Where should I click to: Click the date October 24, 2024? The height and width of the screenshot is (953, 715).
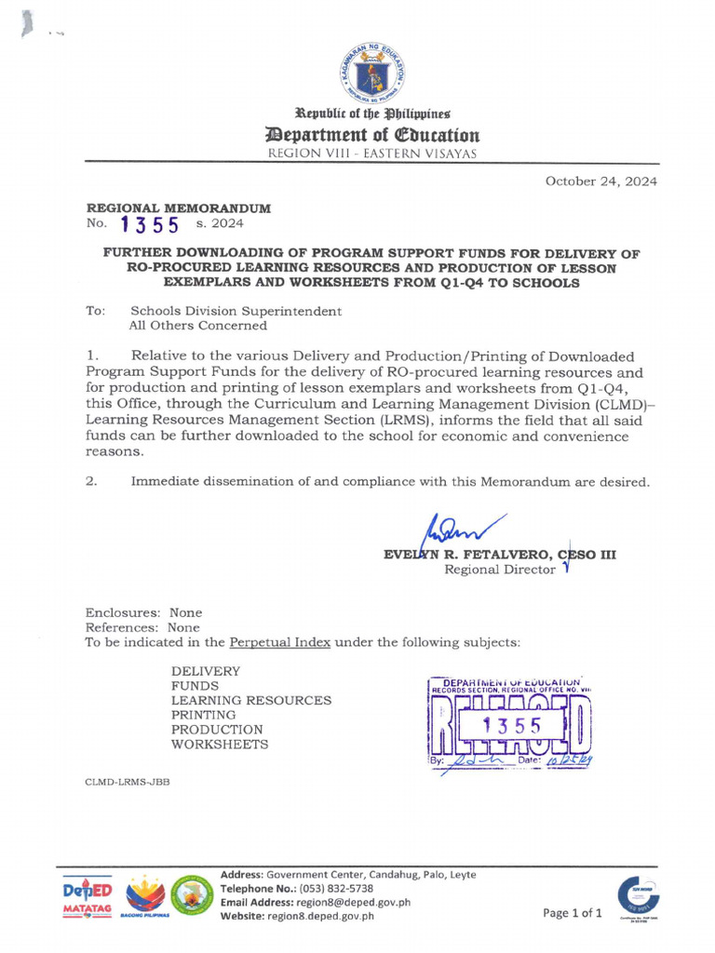(600, 181)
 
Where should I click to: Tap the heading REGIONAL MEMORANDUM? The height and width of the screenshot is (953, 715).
(179, 209)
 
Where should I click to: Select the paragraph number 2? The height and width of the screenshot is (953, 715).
(91, 481)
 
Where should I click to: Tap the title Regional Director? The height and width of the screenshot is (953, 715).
(499, 570)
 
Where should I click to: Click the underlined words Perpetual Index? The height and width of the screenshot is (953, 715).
(279, 642)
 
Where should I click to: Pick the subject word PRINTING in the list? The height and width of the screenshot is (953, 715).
(203, 715)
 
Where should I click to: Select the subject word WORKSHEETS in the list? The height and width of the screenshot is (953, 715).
(220, 745)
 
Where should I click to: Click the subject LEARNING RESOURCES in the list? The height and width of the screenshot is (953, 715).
(250, 700)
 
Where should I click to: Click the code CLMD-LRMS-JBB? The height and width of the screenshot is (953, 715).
(127, 782)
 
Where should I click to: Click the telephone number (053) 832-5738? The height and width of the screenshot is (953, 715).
(338, 889)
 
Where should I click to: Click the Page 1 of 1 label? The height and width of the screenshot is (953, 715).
(573, 912)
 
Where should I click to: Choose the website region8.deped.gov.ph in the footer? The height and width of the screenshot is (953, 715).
(322, 915)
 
